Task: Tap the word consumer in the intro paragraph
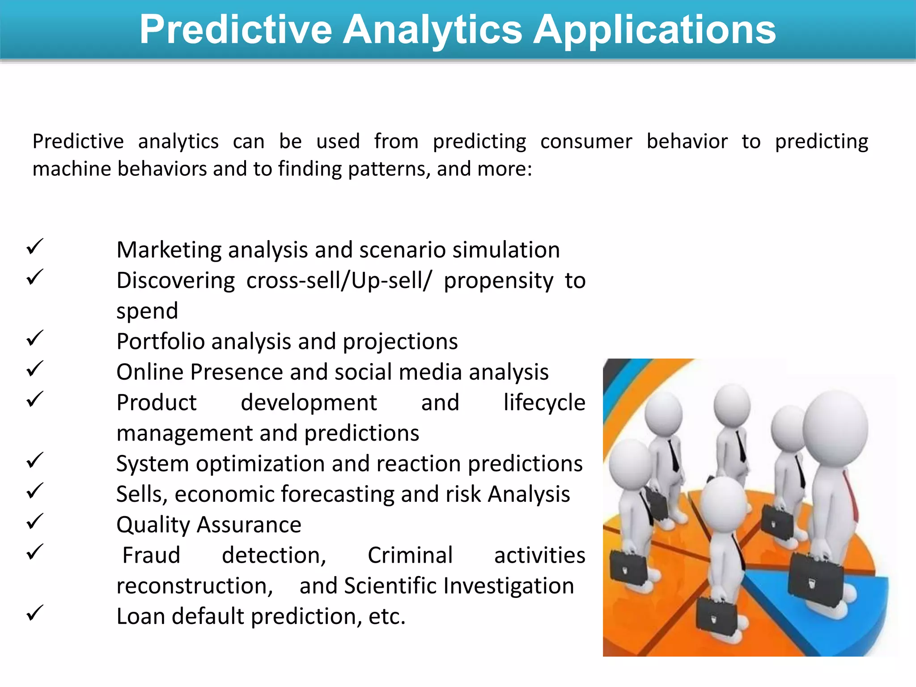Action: coord(586,142)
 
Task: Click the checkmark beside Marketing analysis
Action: coord(35,246)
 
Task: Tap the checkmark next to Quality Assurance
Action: coord(35,522)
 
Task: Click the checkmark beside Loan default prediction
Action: coord(35,613)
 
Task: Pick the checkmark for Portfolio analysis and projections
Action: coord(35,338)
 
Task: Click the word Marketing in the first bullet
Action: coord(169,250)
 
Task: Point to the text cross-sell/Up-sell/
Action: coord(339,281)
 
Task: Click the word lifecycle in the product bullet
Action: coord(544,403)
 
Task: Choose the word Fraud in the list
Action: coord(151,556)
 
